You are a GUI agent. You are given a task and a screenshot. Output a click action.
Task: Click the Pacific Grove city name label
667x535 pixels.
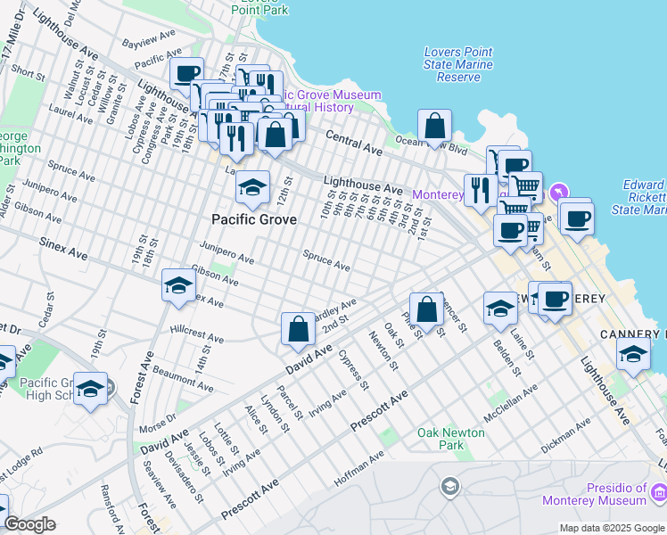point(252,218)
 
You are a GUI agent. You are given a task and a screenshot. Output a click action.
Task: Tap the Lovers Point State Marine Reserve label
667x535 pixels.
point(458,64)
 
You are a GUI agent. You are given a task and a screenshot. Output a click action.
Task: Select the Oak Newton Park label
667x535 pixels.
point(452,439)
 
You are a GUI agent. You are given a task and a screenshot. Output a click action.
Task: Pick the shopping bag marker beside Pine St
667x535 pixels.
point(427,309)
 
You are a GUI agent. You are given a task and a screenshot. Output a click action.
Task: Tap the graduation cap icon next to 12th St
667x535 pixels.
point(253,188)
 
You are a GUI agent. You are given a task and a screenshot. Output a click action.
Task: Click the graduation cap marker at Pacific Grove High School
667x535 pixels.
point(90,390)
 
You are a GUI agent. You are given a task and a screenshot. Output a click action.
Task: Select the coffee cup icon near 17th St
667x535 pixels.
point(187,75)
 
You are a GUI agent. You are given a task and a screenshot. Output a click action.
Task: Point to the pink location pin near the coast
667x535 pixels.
point(558,192)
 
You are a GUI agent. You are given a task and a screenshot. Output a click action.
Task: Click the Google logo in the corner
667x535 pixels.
point(30,524)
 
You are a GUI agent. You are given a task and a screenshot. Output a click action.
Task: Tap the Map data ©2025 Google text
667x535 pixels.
point(612,528)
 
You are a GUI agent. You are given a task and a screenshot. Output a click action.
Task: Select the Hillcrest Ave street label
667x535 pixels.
point(197,333)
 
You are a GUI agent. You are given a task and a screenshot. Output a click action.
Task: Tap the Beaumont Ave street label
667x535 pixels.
point(183,379)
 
